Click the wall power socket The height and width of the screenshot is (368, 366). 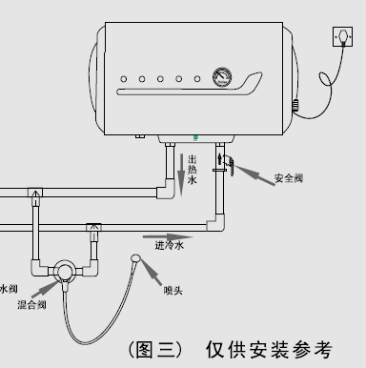pos(341,37)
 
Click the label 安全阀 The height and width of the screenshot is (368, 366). pos(289,178)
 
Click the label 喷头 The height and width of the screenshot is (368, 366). pos(173,290)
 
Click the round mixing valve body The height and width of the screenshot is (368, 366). pos(65,273)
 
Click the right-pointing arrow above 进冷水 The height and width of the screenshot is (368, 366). pos(162,234)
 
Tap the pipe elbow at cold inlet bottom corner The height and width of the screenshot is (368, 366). pos(215,225)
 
